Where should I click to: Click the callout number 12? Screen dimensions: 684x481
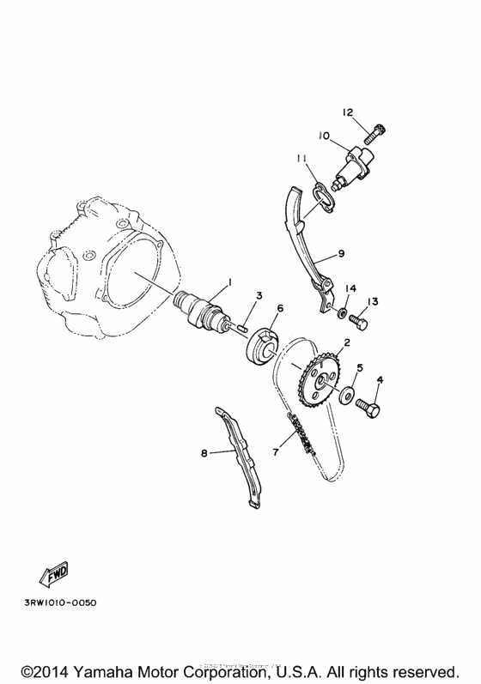click(348, 112)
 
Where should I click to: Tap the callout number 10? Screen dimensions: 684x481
click(324, 136)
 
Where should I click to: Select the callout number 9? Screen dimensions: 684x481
click(341, 253)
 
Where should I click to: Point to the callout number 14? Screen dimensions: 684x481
click(350, 288)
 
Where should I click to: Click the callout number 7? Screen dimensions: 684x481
click(277, 450)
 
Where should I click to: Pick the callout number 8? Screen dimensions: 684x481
click(204, 452)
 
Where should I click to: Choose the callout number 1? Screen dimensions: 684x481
click(229, 281)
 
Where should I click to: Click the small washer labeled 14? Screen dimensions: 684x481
click(342, 312)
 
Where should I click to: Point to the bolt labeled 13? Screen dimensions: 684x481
click(359, 324)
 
